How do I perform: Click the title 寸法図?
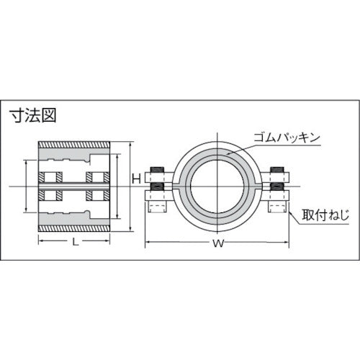[32, 114]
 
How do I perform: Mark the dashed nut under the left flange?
[157, 207]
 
